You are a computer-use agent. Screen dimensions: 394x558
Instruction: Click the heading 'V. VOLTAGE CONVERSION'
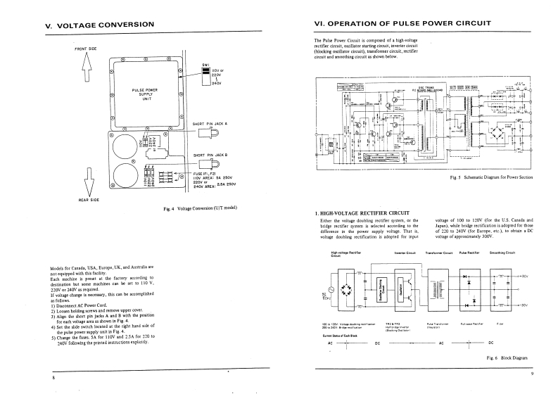(99, 25)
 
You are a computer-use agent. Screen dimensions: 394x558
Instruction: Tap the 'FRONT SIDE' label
(85, 48)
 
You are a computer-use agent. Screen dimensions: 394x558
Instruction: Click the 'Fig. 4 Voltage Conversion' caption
(199, 208)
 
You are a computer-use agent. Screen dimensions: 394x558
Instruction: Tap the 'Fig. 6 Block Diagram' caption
(506, 358)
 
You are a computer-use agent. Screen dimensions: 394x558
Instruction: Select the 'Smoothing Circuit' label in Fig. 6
(502, 252)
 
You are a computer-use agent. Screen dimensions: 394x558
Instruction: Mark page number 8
(54, 379)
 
